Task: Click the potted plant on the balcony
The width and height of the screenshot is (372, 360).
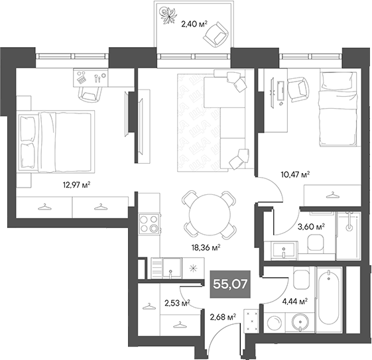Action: (x=168, y=15)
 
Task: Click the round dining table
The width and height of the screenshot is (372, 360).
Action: (x=208, y=215)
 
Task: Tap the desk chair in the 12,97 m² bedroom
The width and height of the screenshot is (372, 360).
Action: (x=88, y=93)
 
